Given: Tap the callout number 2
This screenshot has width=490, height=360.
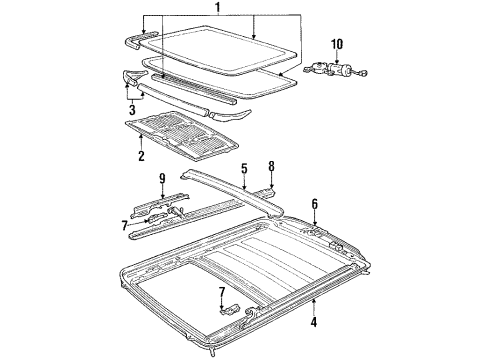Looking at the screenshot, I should point(140,156).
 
